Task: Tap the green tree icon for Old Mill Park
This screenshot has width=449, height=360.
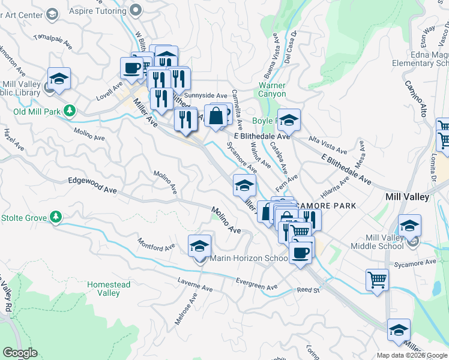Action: [70, 111]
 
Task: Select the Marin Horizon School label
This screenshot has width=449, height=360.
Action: [249, 259]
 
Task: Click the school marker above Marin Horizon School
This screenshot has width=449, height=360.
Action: [200, 246]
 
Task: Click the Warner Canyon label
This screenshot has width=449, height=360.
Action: [272, 89]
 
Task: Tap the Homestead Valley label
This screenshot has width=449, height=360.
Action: [103, 289]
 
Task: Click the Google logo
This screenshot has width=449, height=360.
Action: [20, 353]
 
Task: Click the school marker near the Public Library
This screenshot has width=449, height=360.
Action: [59, 79]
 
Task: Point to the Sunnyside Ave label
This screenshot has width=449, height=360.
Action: [206, 95]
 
